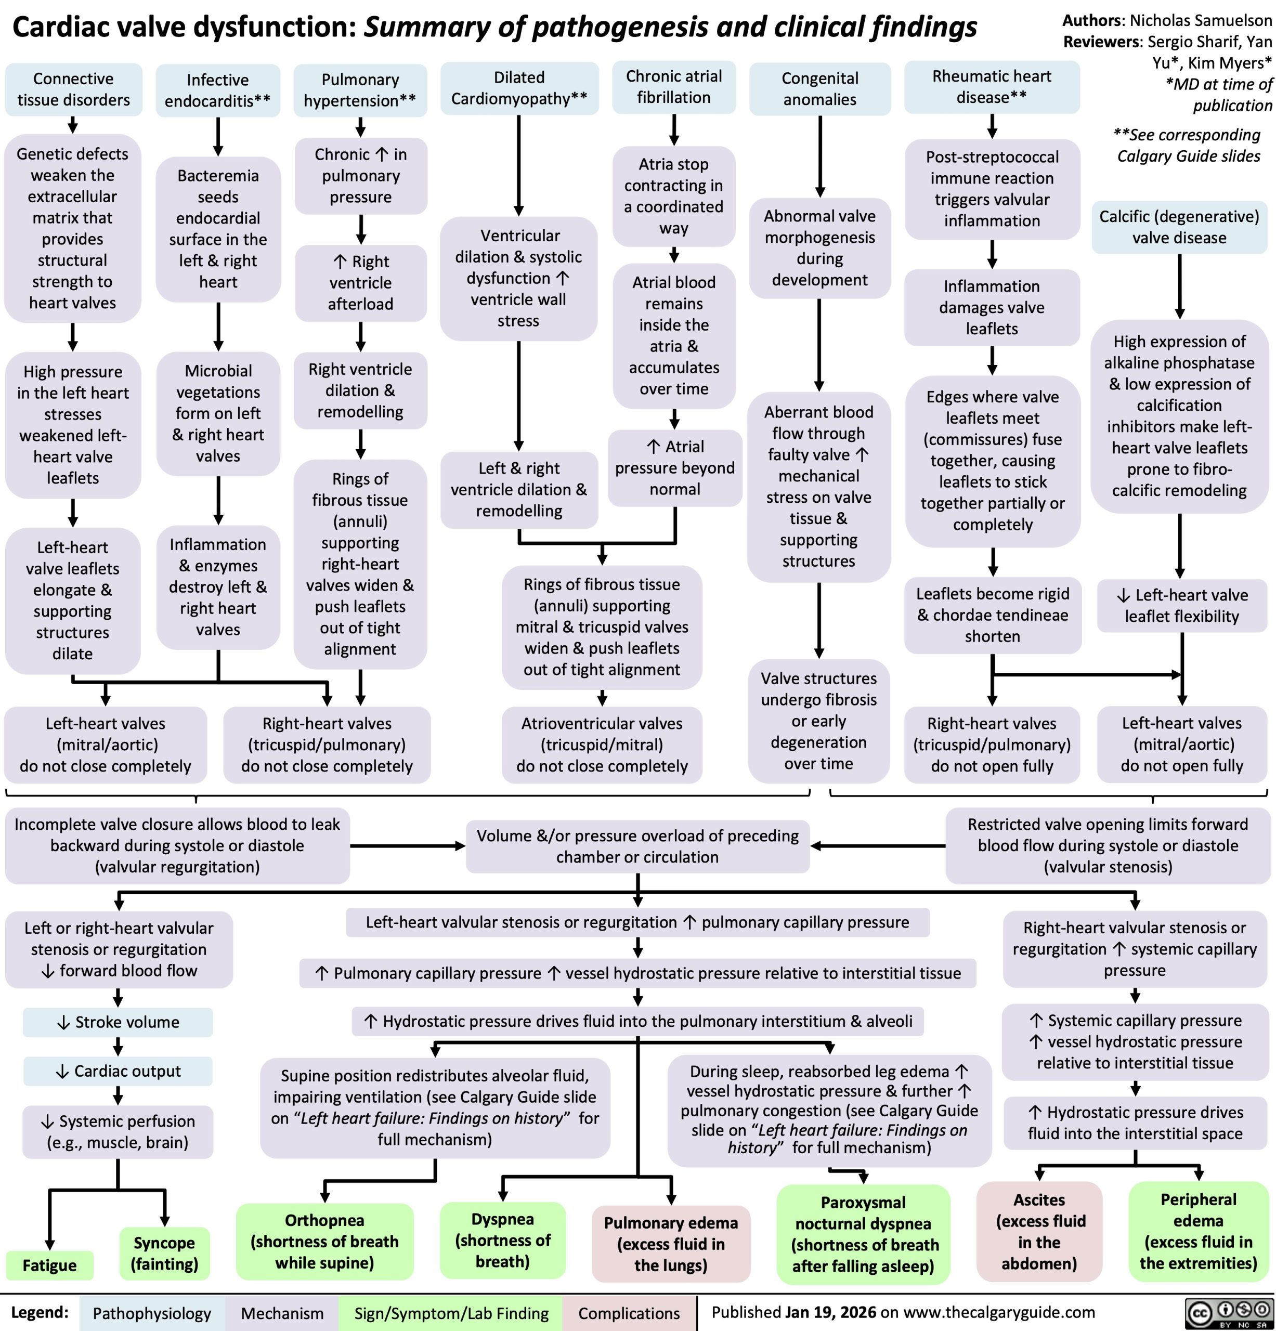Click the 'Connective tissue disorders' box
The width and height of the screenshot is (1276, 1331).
[x=73, y=89]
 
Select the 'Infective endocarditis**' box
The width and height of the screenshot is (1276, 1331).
[x=217, y=90]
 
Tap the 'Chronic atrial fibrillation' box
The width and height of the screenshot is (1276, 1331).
[x=674, y=87]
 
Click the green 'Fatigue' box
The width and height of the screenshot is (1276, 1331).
[x=49, y=1265]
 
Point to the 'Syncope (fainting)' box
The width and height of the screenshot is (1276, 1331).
[x=164, y=1253]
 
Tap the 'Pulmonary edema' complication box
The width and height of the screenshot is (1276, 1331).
[x=671, y=1244]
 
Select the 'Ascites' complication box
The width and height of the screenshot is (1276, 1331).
[x=1039, y=1231]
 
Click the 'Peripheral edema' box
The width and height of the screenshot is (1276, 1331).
[x=1199, y=1231]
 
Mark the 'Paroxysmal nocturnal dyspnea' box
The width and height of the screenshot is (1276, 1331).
[x=863, y=1234]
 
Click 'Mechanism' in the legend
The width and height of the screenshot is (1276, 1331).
[x=282, y=1313]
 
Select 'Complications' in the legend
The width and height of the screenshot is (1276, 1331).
[x=629, y=1313]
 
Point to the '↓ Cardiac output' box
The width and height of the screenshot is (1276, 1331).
[x=118, y=1071]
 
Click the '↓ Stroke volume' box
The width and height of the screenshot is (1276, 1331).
[x=118, y=1022]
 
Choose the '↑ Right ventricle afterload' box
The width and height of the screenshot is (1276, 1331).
[x=360, y=282]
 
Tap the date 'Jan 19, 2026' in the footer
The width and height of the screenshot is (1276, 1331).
[x=830, y=1312]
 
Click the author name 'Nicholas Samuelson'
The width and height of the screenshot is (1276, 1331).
[x=1201, y=20]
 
